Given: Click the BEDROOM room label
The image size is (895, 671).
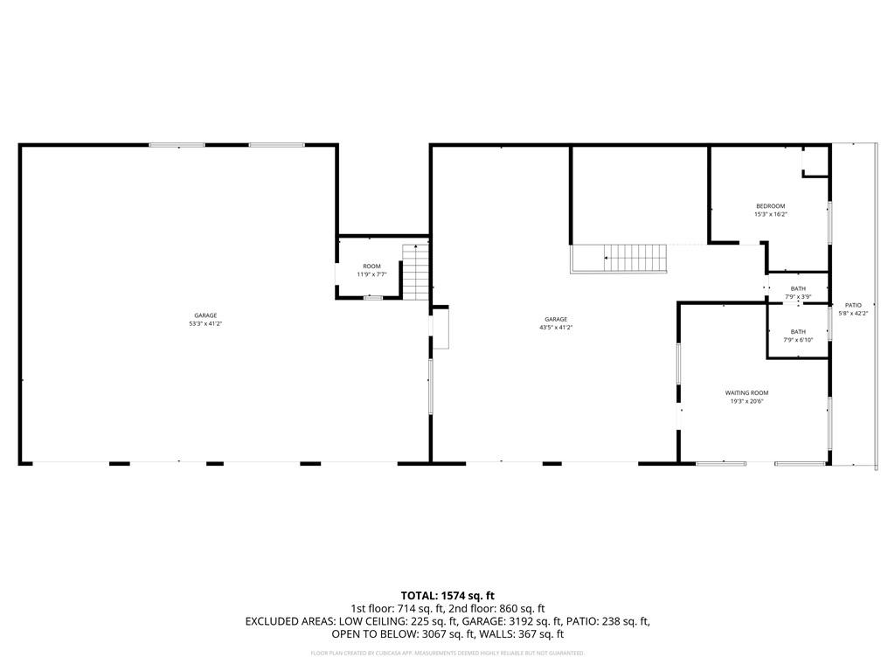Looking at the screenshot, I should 770,206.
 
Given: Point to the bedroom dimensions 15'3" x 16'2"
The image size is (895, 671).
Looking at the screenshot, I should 770,214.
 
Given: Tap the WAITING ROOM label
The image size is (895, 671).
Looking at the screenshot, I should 746,393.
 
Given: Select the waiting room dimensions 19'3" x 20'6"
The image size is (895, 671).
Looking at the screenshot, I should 746,401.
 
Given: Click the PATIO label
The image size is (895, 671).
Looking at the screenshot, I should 852,305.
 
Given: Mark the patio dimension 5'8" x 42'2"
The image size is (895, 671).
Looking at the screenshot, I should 852,313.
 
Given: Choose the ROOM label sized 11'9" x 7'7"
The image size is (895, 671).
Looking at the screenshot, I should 372,266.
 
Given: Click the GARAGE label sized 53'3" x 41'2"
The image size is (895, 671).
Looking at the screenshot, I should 205,315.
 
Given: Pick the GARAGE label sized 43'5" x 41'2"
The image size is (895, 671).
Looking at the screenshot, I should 556,320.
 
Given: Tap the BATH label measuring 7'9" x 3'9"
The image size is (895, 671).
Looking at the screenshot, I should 798,288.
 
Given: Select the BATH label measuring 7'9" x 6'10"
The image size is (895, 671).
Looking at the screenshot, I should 798,332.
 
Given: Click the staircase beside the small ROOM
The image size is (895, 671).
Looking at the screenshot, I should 417,271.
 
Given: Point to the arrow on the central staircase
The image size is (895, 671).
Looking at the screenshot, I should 607,258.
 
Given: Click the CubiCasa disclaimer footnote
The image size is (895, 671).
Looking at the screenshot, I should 447,654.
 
